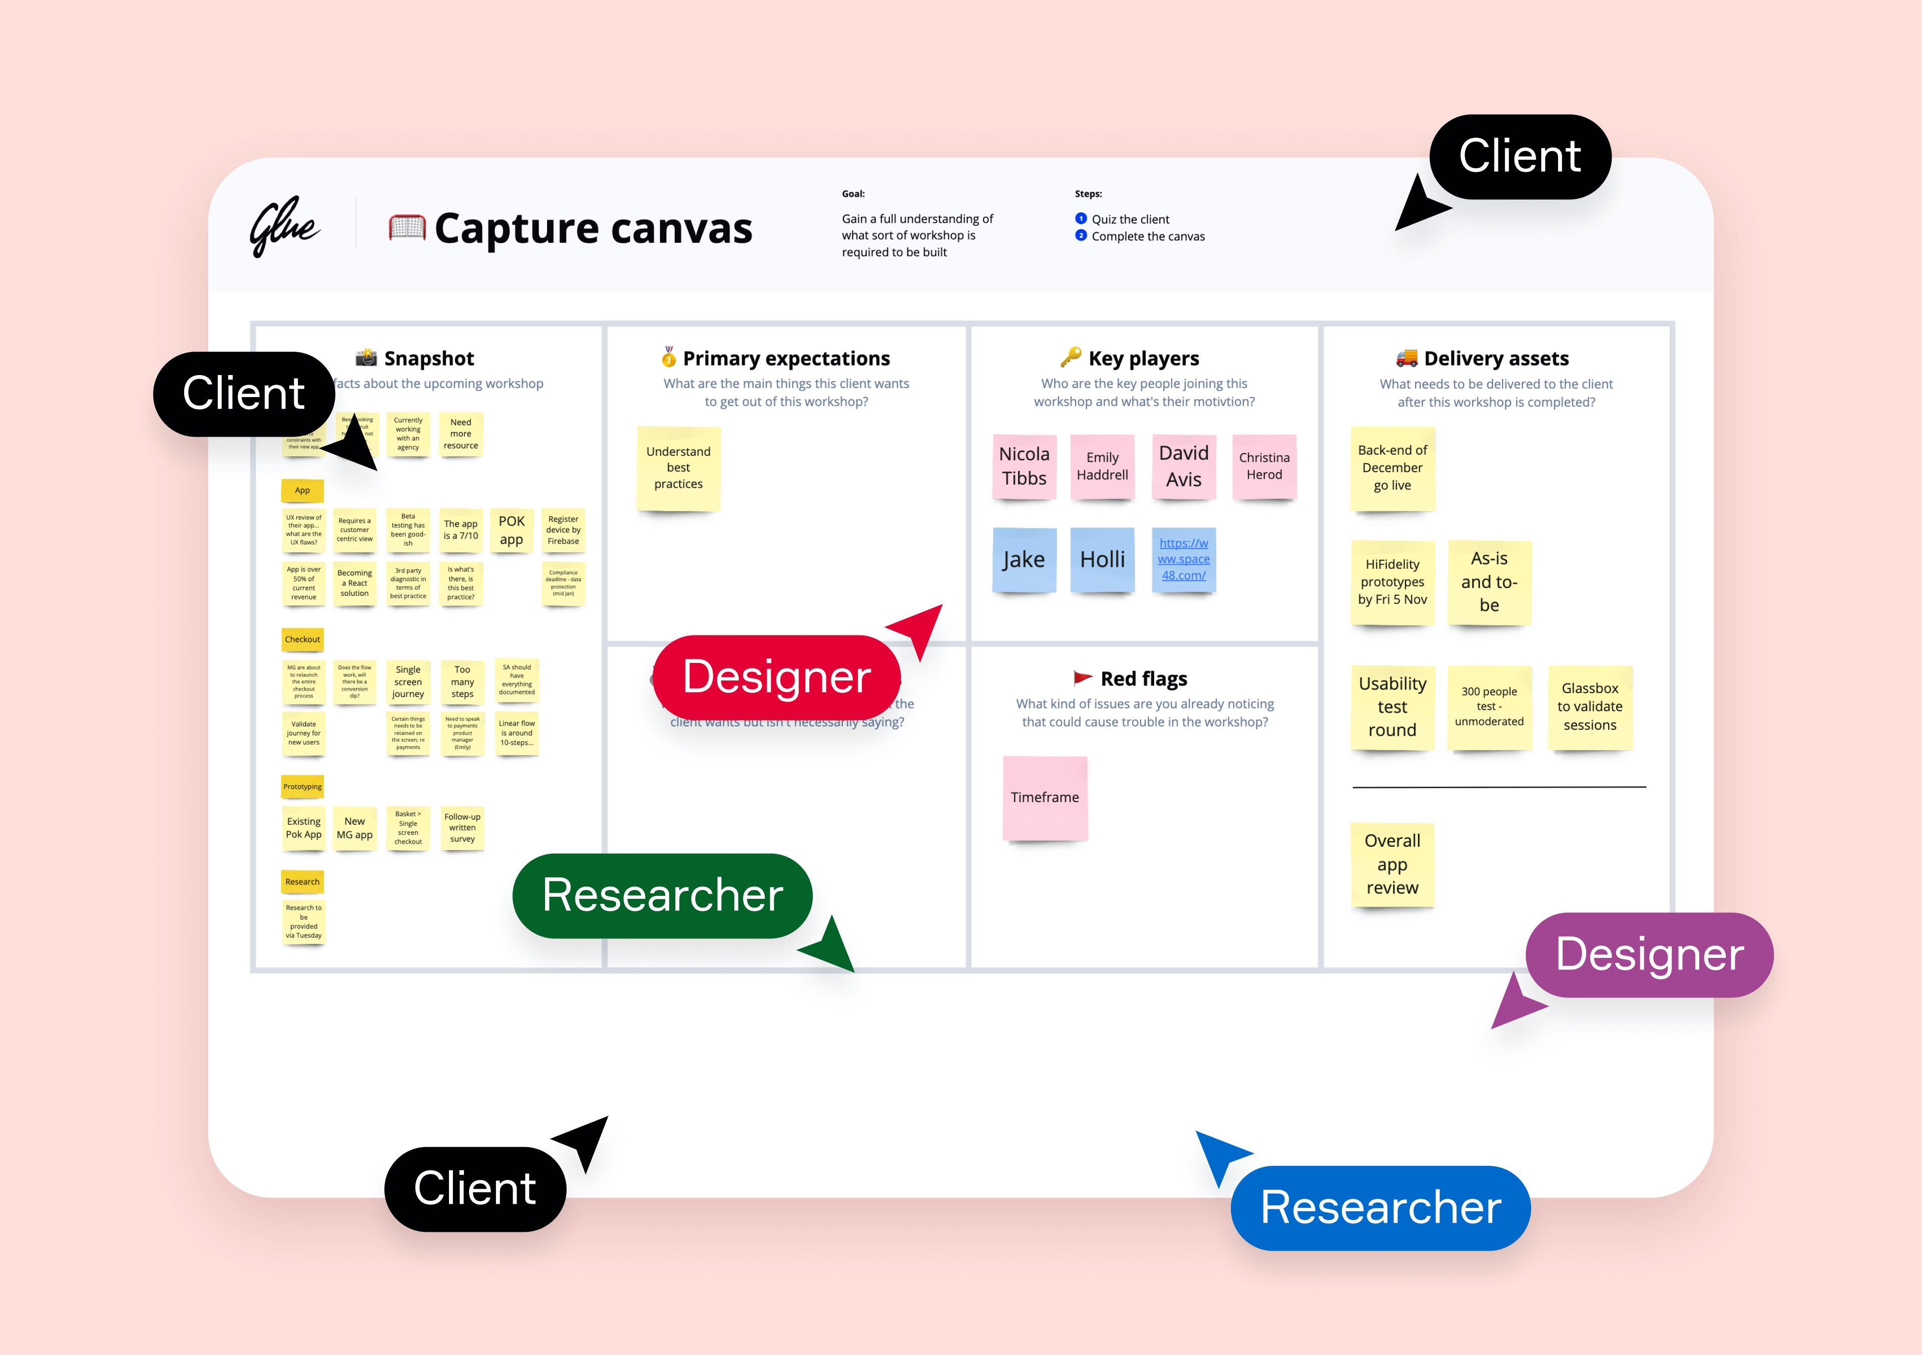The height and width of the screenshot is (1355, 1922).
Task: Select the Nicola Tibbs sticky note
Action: (x=1024, y=467)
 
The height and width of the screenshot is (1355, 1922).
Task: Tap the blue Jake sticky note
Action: (x=1024, y=559)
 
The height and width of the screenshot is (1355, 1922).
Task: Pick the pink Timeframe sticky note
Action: (x=1045, y=797)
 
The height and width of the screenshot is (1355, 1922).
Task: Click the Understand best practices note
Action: (x=678, y=468)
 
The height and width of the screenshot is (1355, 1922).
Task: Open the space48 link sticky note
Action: (x=1183, y=559)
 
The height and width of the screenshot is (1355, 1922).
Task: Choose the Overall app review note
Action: (x=1392, y=864)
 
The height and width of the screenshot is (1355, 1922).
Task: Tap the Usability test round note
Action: (x=1392, y=707)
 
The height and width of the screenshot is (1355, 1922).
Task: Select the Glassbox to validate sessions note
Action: (x=1590, y=707)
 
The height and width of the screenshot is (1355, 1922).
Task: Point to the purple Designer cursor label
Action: (x=1649, y=955)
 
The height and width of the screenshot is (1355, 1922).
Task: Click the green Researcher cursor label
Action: (x=662, y=895)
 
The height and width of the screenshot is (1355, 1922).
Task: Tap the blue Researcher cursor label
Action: (x=1380, y=1208)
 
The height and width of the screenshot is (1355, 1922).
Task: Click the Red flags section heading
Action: (x=1144, y=679)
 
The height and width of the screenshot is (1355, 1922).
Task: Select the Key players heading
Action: (x=1144, y=359)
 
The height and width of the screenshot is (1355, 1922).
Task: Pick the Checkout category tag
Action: (x=302, y=639)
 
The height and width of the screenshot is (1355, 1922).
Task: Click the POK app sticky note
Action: (x=512, y=530)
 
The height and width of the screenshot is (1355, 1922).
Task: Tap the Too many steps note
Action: (x=462, y=682)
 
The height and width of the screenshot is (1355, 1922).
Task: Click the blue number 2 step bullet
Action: (x=1081, y=236)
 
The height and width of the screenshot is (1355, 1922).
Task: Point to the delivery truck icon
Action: (x=1406, y=359)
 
